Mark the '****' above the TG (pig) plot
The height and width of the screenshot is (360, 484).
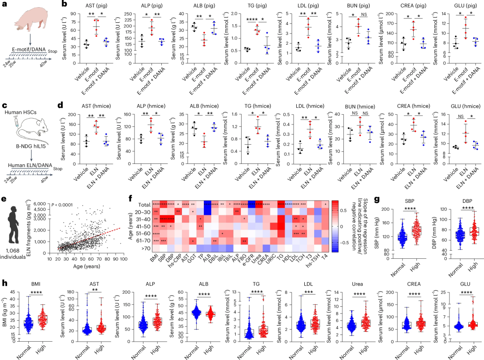tap(253, 19)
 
